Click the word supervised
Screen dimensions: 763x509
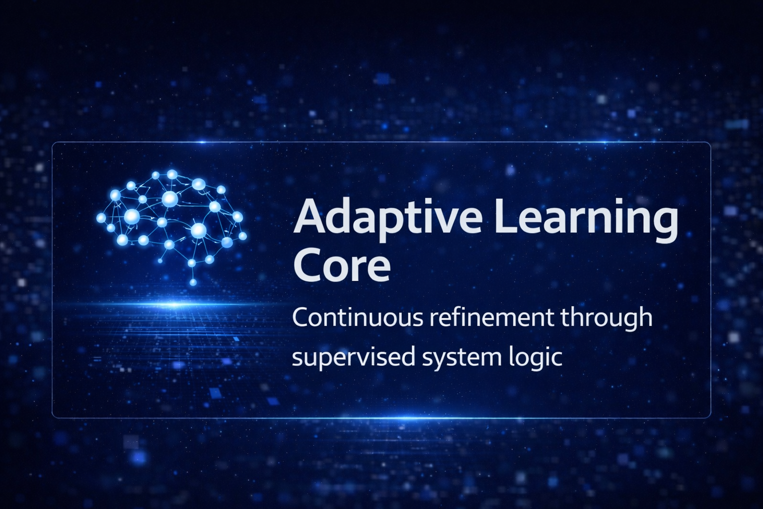click(x=353, y=358)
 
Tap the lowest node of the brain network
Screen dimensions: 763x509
click(x=193, y=282)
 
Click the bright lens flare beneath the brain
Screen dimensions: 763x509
click(x=174, y=304)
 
